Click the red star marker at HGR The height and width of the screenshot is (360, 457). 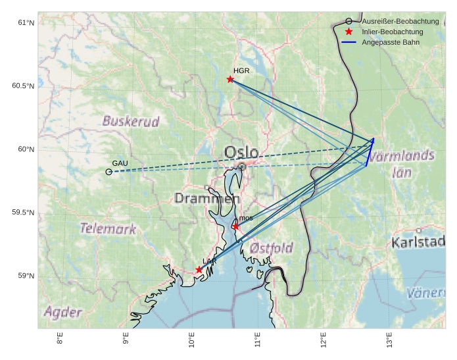(x=230, y=80)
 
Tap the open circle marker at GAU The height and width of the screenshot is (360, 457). (x=108, y=172)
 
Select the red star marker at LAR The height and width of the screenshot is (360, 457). (x=199, y=270)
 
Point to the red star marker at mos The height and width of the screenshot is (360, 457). (x=236, y=227)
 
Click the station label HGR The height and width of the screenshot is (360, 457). (x=241, y=70)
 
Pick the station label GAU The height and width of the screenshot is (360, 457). (x=120, y=163)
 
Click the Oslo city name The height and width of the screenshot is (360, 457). (x=241, y=153)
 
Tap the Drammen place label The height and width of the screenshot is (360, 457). (x=207, y=198)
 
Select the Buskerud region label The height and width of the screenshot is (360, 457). (x=131, y=121)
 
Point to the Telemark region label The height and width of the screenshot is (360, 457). (x=108, y=229)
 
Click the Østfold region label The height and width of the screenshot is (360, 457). (x=272, y=248)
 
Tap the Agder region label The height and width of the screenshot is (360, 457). (x=63, y=312)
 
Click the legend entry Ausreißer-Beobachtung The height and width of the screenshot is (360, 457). (x=400, y=21)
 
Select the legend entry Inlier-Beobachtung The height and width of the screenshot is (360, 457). (x=392, y=32)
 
